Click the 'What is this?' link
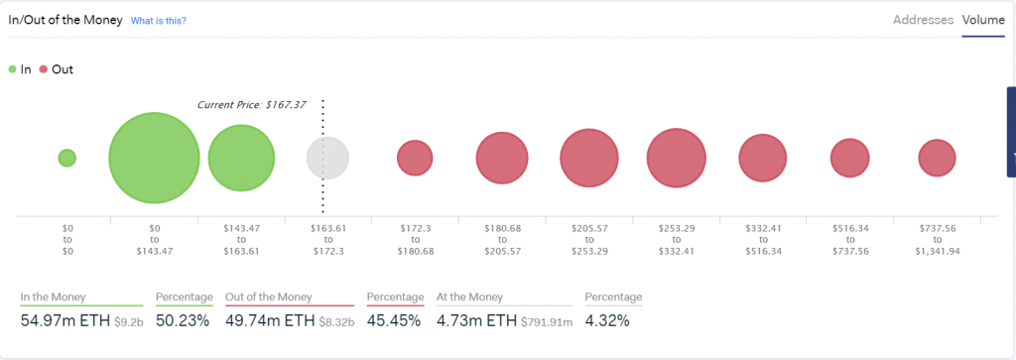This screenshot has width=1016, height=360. coord(159,21)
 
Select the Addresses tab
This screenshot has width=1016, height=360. coord(923,20)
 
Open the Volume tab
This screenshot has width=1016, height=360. coord(983,20)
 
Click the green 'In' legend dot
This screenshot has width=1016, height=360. coord(12,69)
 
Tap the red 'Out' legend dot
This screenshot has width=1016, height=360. coord(43,69)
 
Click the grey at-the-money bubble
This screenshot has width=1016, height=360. coord(327,158)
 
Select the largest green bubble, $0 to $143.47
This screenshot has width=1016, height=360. coord(154,158)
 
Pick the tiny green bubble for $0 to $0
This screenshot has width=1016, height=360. coord(66,158)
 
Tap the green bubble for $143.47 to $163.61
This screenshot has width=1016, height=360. coord(240,158)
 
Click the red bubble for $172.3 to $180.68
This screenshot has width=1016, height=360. coord(415,158)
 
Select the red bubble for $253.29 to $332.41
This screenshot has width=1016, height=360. coord(676,158)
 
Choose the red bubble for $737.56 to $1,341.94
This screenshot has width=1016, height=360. coord(937,158)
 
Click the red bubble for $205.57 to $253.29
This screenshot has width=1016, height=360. coord(589,158)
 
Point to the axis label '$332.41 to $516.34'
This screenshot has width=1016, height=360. coord(762,239)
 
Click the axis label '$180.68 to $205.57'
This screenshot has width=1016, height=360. coord(502,239)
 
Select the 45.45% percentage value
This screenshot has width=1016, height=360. coord(394,320)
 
